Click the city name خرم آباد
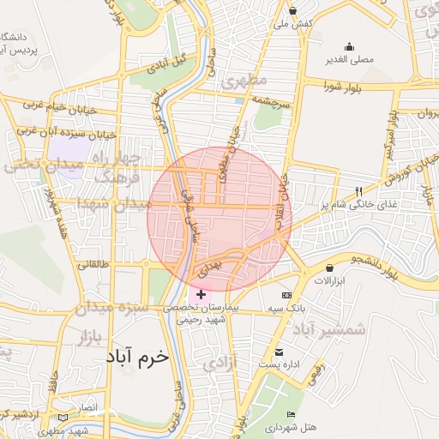tap(137, 356)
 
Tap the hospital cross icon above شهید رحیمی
tap(201, 294)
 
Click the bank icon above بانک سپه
tap(286, 295)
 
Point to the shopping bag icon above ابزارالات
tap(330, 268)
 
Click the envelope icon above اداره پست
tap(279, 352)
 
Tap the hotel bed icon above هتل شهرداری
tap(292, 415)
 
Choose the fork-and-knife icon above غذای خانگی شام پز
tap(358, 192)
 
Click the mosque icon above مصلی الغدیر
tap(348, 46)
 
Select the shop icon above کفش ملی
tap(293, 10)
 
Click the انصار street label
tap(88, 406)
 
